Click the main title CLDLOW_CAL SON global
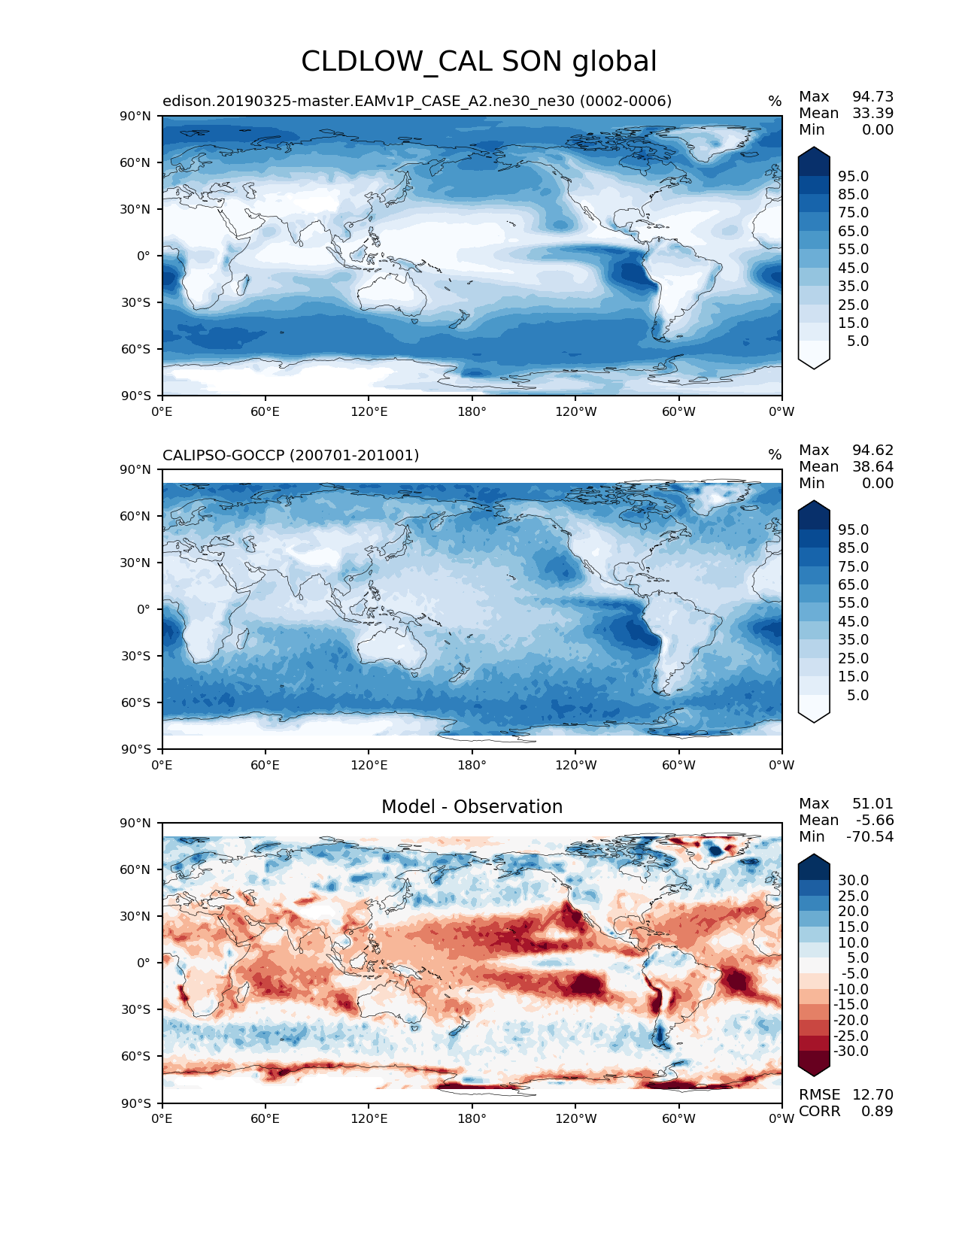tap(478, 62)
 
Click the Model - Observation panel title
tap(472, 807)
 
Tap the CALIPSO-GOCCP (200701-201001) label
tap(290, 455)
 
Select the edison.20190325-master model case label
tap(417, 101)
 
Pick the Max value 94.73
tap(873, 96)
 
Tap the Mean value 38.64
tap(873, 466)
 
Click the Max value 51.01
tap(873, 803)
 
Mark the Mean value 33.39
tap(873, 113)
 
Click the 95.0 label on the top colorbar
tap(853, 176)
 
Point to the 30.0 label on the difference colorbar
tap(853, 880)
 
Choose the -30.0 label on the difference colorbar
tap(851, 1051)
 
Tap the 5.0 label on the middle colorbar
tap(857, 695)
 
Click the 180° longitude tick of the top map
tap(472, 411)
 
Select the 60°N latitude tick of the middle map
tap(135, 516)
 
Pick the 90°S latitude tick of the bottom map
tap(135, 1103)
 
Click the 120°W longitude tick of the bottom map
tap(575, 1118)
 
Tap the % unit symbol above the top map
tap(774, 102)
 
